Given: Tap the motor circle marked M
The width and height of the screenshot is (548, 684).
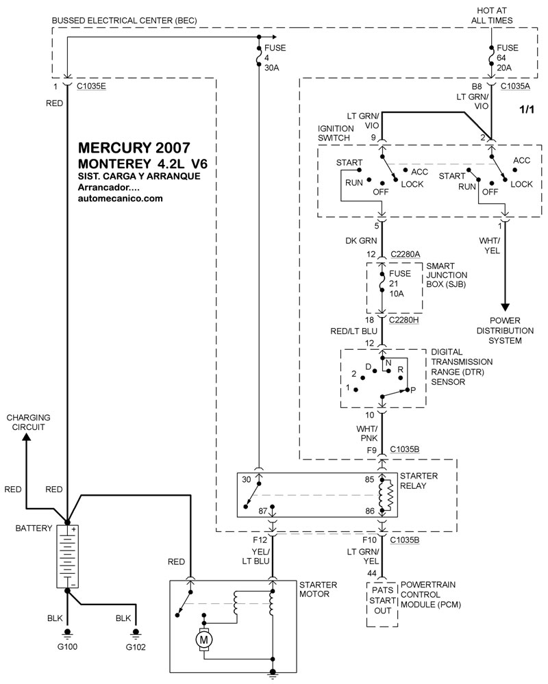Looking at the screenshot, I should click(203, 638).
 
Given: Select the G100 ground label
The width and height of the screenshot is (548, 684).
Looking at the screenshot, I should click(67, 646).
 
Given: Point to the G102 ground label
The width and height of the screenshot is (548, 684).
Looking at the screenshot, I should click(136, 646).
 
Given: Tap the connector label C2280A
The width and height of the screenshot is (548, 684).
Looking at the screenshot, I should click(405, 255).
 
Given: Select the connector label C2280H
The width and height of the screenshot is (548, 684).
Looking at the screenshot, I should click(405, 319).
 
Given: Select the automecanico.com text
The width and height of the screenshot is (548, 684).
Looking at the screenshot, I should click(121, 199).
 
